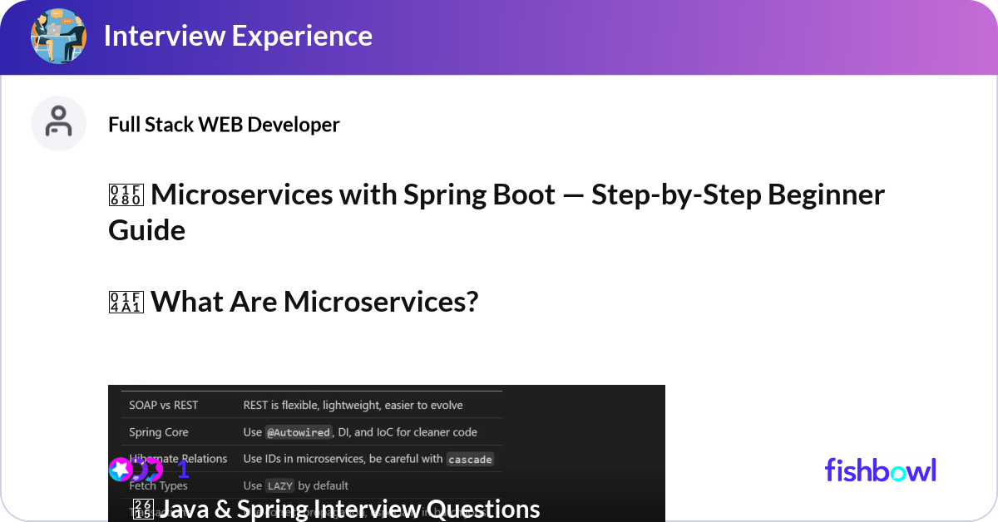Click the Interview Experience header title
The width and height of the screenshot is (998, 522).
coord(238,36)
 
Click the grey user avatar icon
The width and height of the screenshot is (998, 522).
coord(58,123)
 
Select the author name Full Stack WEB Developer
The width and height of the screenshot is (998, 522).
coord(224,125)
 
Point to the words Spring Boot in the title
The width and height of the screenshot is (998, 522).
coord(479,195)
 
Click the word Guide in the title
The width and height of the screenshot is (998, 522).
coord(146,230)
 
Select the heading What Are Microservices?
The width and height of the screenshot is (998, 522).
coord(314,302)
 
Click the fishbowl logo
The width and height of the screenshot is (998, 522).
coord(880,470)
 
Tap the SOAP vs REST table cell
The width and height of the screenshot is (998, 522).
coord(164,405)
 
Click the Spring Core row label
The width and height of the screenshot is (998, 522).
coord(159,432)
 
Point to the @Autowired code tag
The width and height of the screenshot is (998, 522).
coord(298,432)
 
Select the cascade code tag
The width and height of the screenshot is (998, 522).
coord(469,459)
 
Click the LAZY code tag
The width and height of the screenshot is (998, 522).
coord(279,485)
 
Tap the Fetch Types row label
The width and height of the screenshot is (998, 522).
coord(159,485)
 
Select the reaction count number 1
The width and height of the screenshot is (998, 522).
coord(184,470)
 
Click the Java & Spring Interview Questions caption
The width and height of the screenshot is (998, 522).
coord(349,509)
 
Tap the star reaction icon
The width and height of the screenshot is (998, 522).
coord(121,470)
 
